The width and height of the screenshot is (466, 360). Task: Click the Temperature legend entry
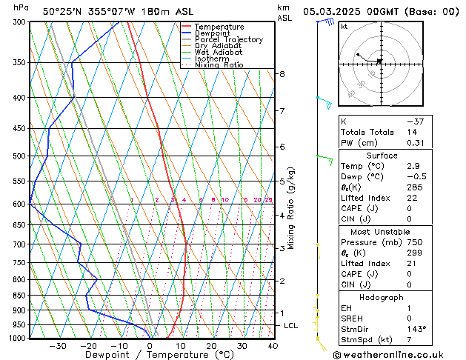click(219, 27)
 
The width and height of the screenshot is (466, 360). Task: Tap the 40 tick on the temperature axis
click(273, 345)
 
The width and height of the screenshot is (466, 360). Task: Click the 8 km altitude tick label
click(282, 74)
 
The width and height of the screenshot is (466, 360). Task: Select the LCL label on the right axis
click(291, 325)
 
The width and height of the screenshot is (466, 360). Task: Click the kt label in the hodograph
click(344, 26)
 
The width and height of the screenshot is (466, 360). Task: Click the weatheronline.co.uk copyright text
click(397, 354)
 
